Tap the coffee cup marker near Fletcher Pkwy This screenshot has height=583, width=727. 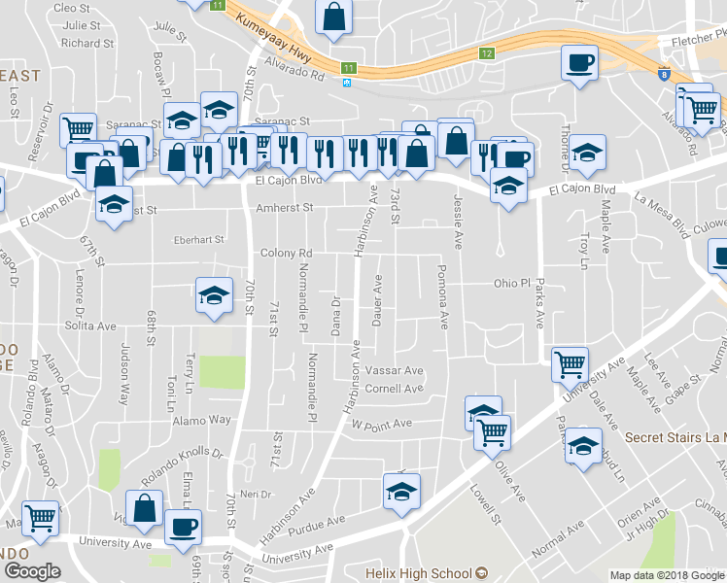click(580, 64)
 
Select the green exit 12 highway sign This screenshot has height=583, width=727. click(487, 53)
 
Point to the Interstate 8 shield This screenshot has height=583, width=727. click(663, 73)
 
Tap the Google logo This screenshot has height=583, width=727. click(32, 571)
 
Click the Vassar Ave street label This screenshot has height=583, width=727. click(395, 371)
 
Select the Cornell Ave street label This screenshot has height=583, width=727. click(394, 389)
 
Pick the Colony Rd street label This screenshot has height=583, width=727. click(286, 253)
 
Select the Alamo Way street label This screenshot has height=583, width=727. click(204, 419)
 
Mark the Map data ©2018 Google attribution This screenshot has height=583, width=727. click(667, 575)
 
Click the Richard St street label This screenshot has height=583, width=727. click(87, 43)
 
